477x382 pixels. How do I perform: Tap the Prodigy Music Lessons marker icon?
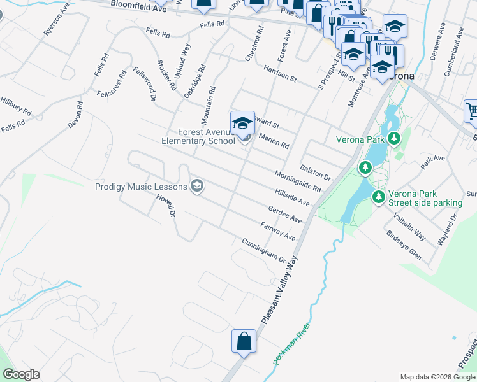click(x=197, y=186)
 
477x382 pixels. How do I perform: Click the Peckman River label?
click(x=293, y=344)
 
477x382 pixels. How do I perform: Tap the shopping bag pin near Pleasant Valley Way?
click(x=244, y=341)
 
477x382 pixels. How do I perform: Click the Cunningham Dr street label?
click(x=263, y=250)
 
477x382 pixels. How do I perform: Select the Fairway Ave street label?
click(x=278, y=230)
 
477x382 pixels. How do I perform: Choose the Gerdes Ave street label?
click(x=285, y=214)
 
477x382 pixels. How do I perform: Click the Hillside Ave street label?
click(x=292, y=197)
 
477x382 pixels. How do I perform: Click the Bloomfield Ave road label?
click(x=138, y=7)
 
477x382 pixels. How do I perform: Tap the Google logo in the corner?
click(x=21, y=374)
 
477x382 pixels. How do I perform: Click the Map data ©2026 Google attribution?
click(x=437, y=377)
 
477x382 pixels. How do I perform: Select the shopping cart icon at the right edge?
click(x=471, y=111)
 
